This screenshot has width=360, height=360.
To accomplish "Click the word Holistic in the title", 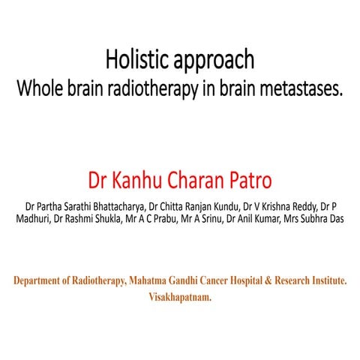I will point(132,59).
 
